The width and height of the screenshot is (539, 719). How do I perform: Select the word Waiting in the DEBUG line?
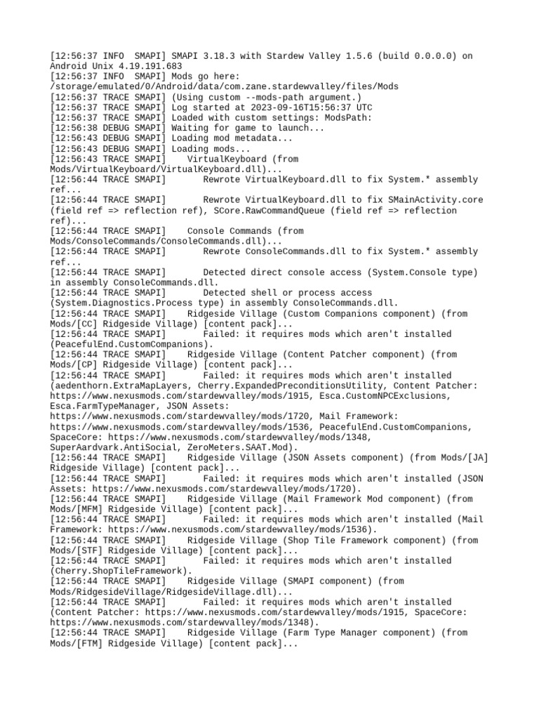click(192, 128)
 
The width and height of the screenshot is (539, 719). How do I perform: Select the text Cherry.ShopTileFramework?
click(118, 571)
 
